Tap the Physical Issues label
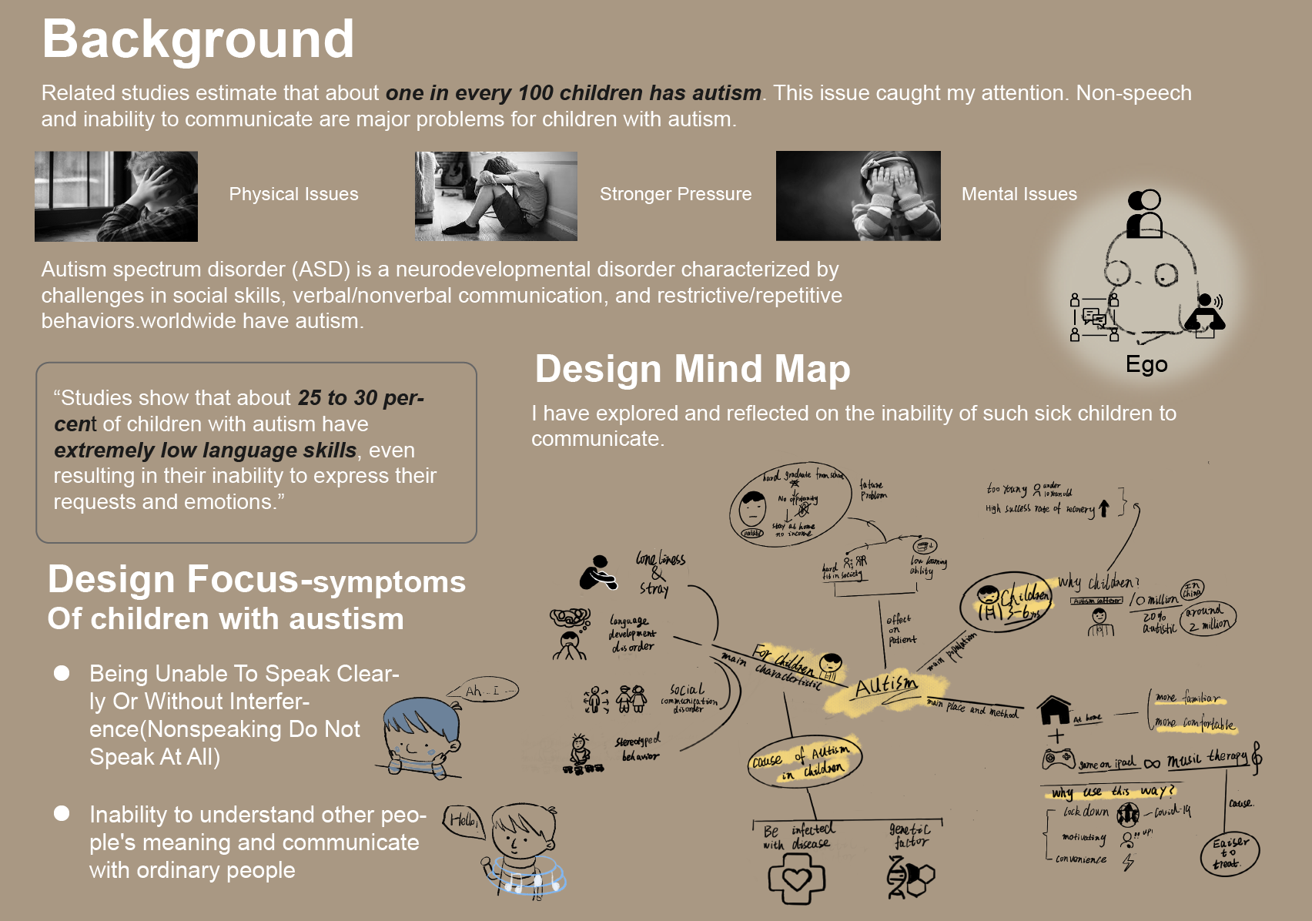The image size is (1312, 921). pyautogui.click(x=293, y=194)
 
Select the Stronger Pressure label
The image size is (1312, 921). pyautogui.click(x=675, y=194)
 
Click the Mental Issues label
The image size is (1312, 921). pyautogui.click(x=1019, y=194)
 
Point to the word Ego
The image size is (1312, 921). pyautogui.click(x=1146, y=364)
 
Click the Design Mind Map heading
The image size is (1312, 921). pyautogui.click(x=692, y=369)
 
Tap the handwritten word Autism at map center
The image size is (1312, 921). pyautogui.click(x=886, y=685)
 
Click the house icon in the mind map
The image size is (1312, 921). pyautogui.click(x=1053, y=710)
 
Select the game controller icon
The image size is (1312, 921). pyautogui.click(x=1058, y=759)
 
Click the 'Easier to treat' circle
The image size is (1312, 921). pyautogui.click(x=1230, y=853)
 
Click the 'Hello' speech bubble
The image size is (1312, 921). pyautogui.click(x=463, y=821)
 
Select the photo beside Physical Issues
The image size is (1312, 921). pyautogui.click(x=116, y=196)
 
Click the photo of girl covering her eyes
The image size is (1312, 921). pyautogui.click(x=858, y=196)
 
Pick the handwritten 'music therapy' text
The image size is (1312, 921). pyautogui.click(x=1206, y=759)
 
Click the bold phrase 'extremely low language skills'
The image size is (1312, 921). pyautogui.click(x=205, y=450)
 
